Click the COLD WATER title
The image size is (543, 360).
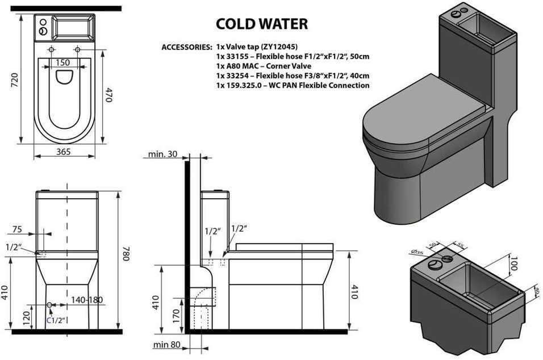(x=262, y=24)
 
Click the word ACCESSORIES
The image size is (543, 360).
(x=187, y=47)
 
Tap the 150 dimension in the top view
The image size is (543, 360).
(x=63, y=62)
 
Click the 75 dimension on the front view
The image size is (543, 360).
(x=17, y=230)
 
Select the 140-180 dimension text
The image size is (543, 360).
(x=87, y=299)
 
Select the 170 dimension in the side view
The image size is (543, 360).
(x=177, y=315)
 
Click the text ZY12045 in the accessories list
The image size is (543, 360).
(x=278, y=47)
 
